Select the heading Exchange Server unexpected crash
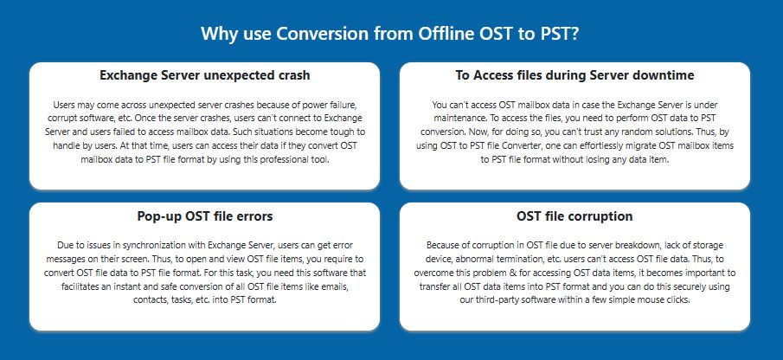[x=205, y=75]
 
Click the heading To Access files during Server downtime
[x=574, y=75]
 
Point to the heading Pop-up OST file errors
[x=205, y=216]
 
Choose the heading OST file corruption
[x=574, y=216]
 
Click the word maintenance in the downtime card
[x=459, y=119]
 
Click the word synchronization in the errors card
[x=151, y=245]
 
